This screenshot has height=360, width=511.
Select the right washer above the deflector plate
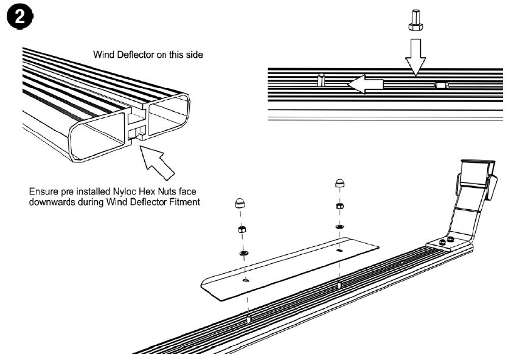338,227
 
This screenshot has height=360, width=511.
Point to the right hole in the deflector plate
338,250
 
